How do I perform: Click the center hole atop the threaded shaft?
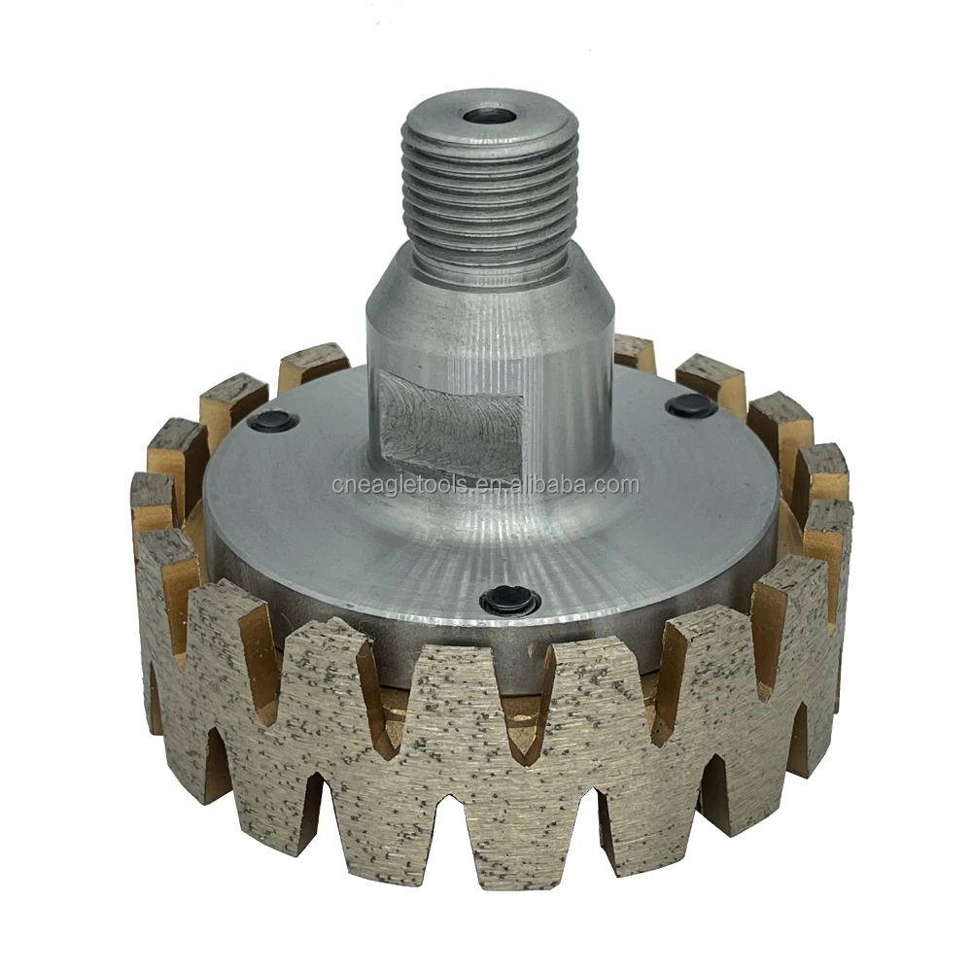(x=489, y=116)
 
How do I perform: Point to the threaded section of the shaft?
(x=491, y=199)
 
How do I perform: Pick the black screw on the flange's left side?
(x=271, y=421)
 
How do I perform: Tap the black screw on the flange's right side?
(x=692, y=406)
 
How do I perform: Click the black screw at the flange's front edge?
(x=510, y=601)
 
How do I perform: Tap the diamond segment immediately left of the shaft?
(x=313, y=367)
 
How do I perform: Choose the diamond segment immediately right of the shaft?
(x=634, y=352)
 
